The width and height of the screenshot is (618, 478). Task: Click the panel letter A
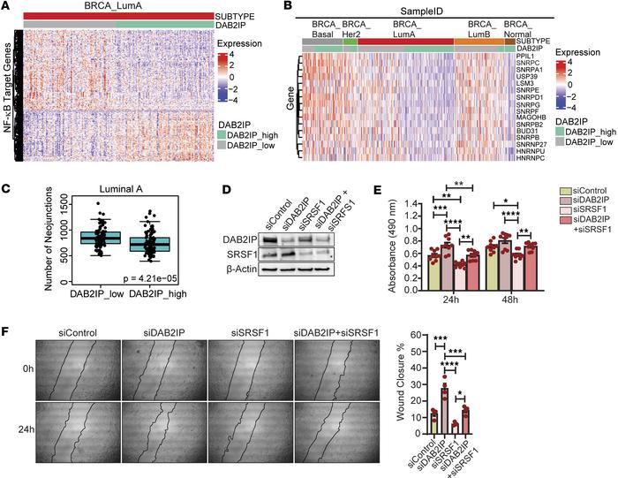[x=7, y=7]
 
